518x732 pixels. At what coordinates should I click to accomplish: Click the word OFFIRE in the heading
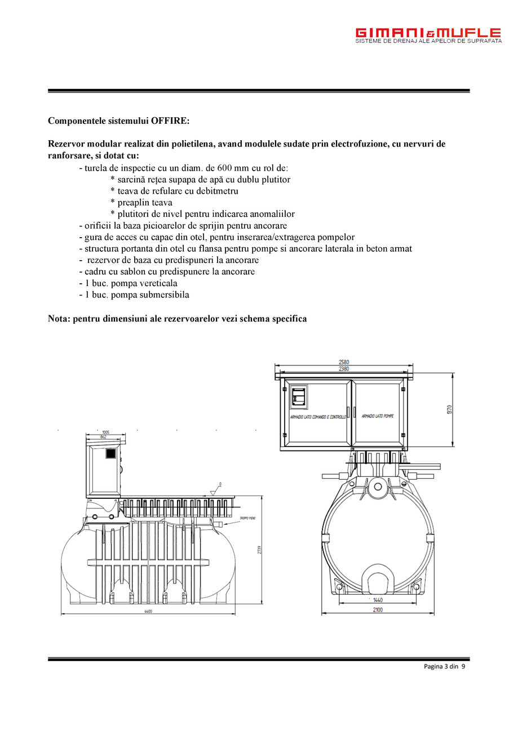170,121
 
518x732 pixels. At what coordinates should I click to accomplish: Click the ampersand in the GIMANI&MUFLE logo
428,33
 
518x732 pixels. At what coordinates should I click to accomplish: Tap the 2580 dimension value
344,362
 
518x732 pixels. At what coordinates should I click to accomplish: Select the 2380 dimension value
344,369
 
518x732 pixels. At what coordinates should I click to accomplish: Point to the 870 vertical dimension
450,409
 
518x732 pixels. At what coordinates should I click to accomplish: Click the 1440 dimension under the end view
378,600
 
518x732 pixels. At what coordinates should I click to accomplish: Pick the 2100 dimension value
378,610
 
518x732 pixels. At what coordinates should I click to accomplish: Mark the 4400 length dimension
148,612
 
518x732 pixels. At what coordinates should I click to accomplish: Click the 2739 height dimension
260,549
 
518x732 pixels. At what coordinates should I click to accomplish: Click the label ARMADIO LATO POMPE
378,416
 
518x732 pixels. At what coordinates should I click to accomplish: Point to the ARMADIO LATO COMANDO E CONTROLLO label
318,417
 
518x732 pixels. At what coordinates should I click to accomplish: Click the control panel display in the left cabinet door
299,397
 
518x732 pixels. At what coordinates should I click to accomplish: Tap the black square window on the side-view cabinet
111,453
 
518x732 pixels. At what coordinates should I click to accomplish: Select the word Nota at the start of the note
59,319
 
